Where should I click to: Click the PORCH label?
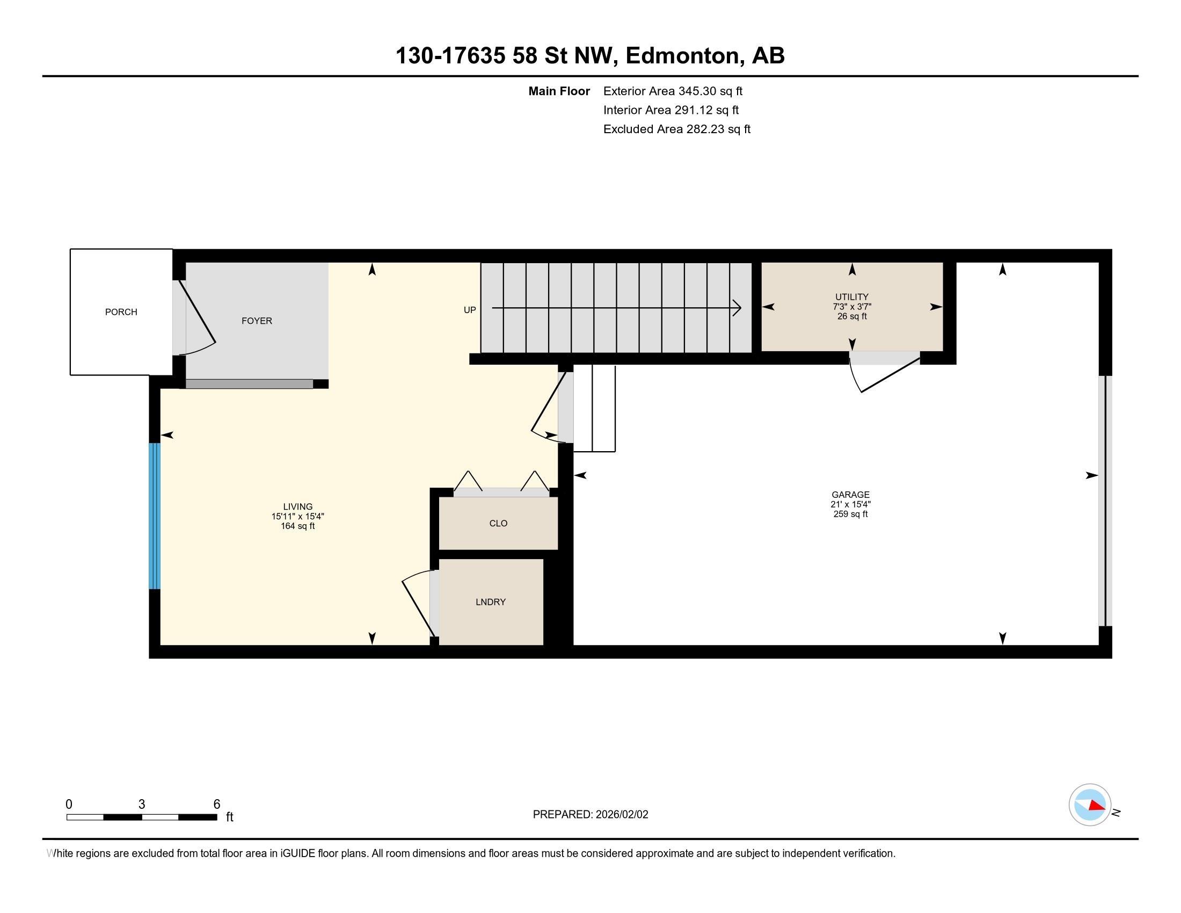click(x=121, y=312)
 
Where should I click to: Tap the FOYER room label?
click(x=257, y=321)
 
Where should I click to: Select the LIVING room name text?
click(x=298, y=507)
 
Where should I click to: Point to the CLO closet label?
click(x=499, y=523)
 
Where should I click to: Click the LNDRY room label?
click(x=491, y=602)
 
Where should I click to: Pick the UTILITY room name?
click(x=852, y=297)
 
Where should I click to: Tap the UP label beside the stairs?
click(x=470, y=310)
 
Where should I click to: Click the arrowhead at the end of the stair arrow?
click(x=738, y=308)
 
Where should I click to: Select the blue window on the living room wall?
click(x=155, y=516)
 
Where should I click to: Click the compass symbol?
click(x=1090, y=805)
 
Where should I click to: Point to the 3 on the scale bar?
click(x=142, y=805)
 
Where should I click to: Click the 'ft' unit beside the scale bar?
click(x=230, y=817)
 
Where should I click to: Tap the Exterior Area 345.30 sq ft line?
click(x=673, y=91)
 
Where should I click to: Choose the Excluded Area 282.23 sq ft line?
click(x=677, y=129)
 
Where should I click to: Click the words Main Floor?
click(x=559, y=91)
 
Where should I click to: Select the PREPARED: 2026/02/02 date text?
click(x=590, y=815)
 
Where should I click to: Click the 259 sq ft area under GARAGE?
click(x=851, y=514)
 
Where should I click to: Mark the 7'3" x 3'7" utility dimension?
click(x=852, y=307)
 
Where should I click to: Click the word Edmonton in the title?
click(x=682, y=55)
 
